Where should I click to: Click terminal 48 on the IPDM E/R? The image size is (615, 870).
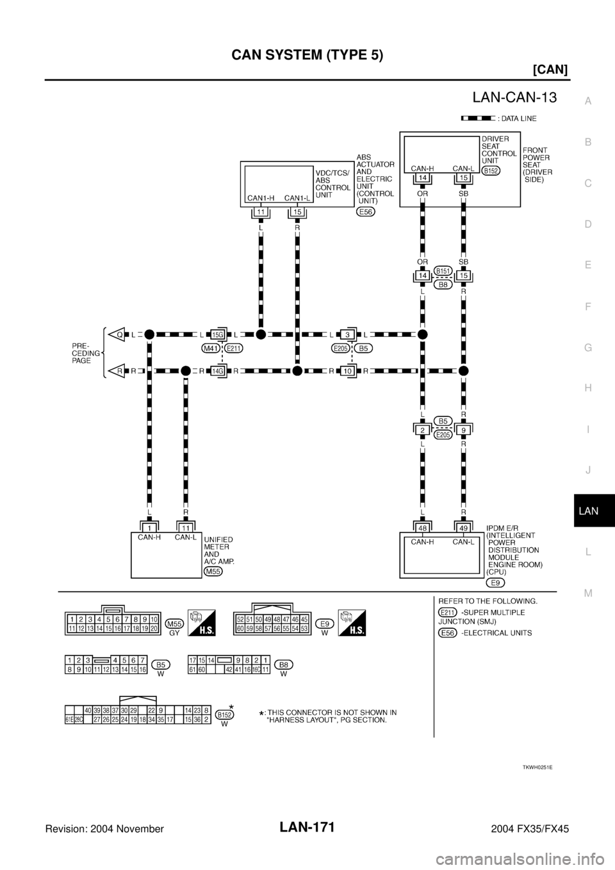point(423,527)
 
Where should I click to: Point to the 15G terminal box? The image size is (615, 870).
point(218,334)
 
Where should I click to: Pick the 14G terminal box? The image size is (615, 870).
point(218,370)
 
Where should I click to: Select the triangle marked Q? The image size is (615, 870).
point(119,334)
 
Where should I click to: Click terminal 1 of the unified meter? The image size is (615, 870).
point(149,527)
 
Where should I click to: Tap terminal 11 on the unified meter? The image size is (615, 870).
point(185,527)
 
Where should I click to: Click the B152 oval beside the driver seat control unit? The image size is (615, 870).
point(492,170)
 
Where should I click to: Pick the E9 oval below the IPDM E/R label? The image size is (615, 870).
point(494,582)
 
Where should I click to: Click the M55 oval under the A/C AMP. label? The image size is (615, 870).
point(213,571)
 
